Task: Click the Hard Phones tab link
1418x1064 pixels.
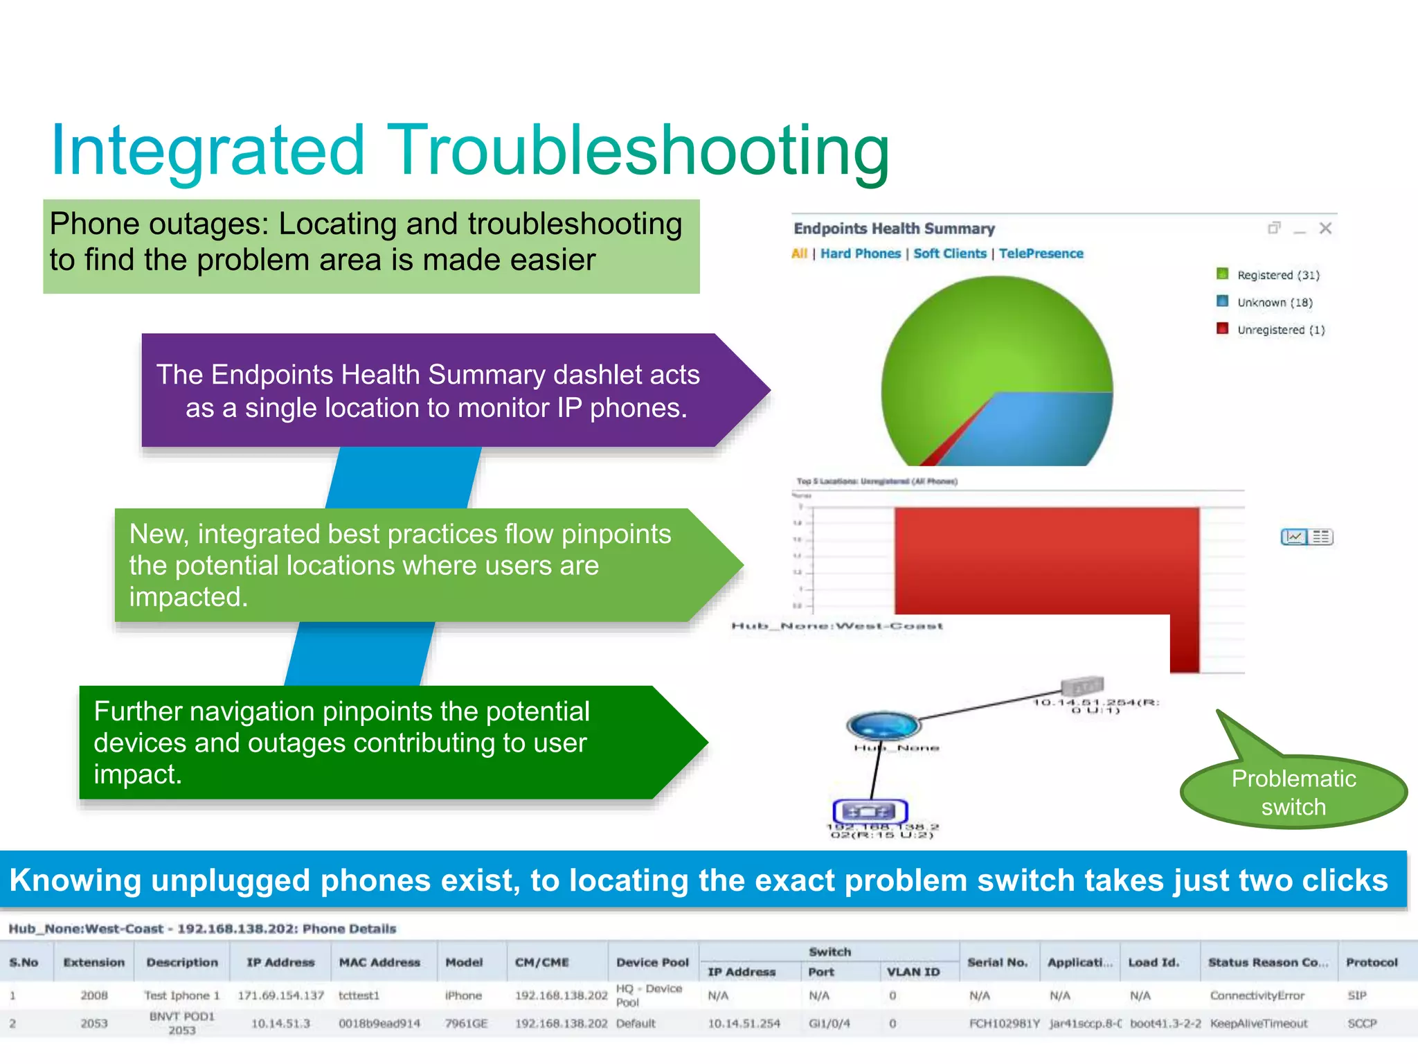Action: point(860,254)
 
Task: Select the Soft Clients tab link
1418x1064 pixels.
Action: point(949,254)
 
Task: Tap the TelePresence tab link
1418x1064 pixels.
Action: point(1041,254)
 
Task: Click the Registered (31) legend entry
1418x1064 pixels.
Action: point(1277,275)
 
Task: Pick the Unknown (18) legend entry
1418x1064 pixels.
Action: point(1274,303)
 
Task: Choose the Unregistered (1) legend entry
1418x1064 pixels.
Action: point(1280,330)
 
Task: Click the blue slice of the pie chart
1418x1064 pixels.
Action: point(1039,429)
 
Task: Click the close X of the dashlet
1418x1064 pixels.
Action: point(1325,229)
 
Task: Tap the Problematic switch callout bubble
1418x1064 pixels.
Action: point(1293,792)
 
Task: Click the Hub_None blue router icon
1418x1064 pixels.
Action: point(883,725)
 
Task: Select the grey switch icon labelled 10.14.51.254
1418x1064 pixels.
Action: point(1082,686)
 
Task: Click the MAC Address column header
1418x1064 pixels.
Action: point(379,962)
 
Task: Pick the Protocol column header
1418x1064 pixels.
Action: point(1371,962)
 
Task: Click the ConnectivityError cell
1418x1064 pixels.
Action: point(1257,995)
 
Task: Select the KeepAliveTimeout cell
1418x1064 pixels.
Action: point(1258,1023)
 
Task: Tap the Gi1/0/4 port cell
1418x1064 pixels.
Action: point(829,1023)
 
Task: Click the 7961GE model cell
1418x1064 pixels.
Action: point(466,1023)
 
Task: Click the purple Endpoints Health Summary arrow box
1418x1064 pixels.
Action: point(429,391)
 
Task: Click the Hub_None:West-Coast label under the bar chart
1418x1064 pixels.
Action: point(837,626)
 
